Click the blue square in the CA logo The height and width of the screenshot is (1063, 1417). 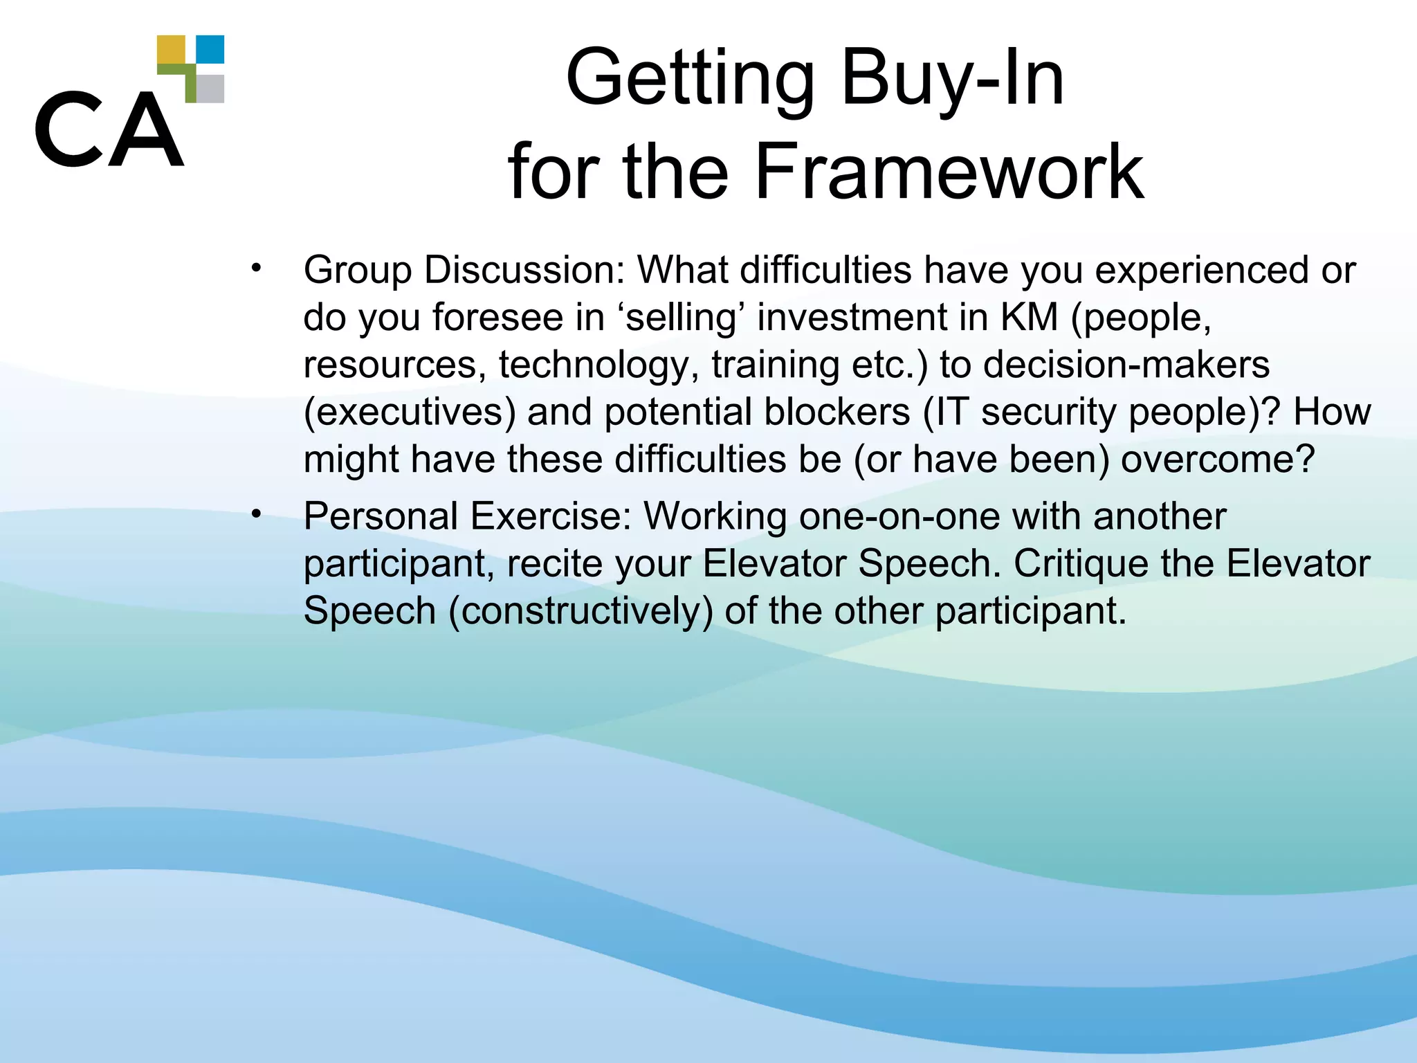coord(210,49)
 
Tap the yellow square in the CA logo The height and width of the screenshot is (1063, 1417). coord(171,50)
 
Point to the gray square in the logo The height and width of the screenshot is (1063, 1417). coord(210,89)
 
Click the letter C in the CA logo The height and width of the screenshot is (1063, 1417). coord(67,129)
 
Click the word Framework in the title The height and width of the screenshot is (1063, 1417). coord(949,171)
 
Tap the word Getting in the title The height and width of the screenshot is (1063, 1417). coord(691,79)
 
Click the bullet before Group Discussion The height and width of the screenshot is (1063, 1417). coord(257,267)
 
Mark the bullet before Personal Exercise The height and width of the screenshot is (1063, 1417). coord(257,514)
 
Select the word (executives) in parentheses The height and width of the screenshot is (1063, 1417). coord(410,412)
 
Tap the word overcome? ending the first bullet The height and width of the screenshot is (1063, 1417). coord(1217,460)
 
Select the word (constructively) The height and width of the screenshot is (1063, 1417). coord(580,611)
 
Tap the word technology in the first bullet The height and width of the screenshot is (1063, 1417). coord(599,365)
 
